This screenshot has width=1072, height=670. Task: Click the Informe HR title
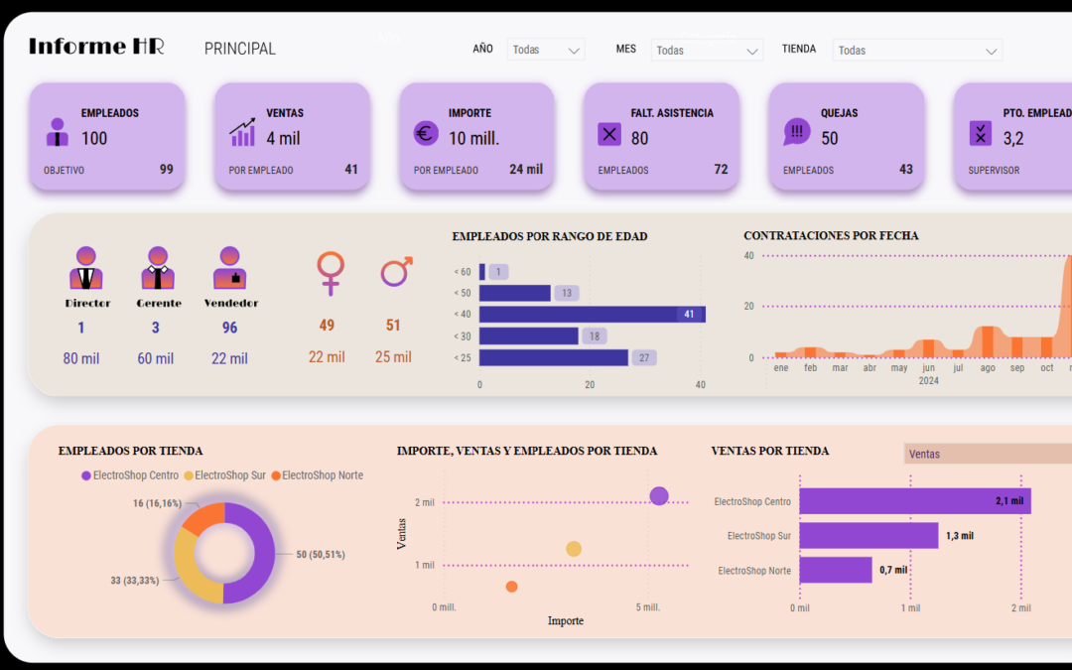click(x=96, y=47)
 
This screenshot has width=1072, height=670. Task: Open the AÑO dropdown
click(x=545, y=50)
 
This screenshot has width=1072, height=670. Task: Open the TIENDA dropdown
click(x=917, y=51)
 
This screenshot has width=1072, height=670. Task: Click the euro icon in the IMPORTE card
click(x=426, y=133)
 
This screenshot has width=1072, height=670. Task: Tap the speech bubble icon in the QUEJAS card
click(x=796, y=132)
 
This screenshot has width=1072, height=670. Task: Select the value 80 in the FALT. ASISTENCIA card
click(x=639, y=138)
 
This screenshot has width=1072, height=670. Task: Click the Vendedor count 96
click(x=230, y=328)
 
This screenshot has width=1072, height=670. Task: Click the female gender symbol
click(x=330, y=272)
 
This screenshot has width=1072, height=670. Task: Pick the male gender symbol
click(x=396, y=271)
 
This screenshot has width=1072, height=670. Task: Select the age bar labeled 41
click(x=592, y=315)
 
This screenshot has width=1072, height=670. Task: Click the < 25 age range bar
click(x=553, y=357)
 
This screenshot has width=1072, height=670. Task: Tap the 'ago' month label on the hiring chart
click(x=987, y=367)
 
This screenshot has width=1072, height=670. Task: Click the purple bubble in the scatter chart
click(x=659, y=495)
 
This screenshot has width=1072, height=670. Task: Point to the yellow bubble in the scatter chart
click(x=574, y=549)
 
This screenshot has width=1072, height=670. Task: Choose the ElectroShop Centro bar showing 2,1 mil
click(x=914, y=501)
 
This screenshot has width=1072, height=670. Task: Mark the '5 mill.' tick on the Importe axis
click(x=647, y=606)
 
